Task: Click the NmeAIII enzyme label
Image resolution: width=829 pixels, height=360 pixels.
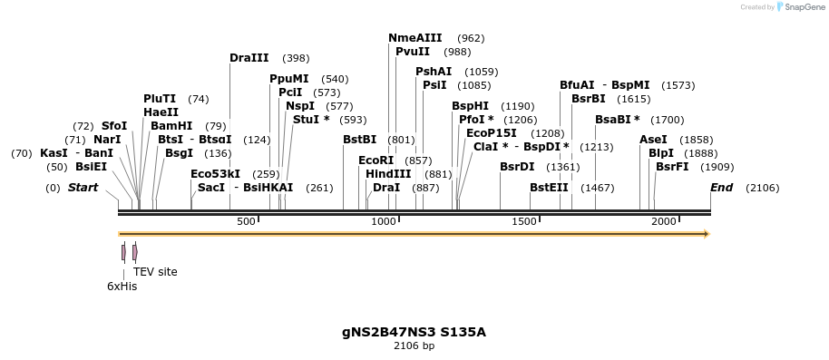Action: click(x=414, y=38)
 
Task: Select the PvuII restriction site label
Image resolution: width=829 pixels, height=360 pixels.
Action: click(x=413, y=52)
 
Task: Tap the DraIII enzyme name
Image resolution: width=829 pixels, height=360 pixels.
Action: click(x=249, y=58)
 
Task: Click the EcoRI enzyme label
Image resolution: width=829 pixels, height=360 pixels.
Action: click(x=375, y=161)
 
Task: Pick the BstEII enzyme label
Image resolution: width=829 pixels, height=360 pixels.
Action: click(x=549, y=188)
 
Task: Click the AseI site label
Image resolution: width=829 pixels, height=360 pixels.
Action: click(x=653, y=140)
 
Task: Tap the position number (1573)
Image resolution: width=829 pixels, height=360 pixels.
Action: click(x=678, y=85)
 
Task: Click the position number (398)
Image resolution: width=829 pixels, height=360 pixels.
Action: click(x=296, y=58)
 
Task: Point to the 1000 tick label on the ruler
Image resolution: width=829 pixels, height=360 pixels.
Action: click(x=385, y=222)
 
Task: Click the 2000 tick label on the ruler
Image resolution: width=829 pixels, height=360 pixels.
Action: click(x=664, y=222)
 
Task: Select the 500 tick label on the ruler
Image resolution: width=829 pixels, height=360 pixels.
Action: click(x=246, y=222)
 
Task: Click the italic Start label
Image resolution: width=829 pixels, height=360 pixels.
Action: click(x=83, y=188)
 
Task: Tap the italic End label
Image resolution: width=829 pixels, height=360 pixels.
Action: click(x=721, y=188)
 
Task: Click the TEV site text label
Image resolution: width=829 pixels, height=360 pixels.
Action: click(x=155, y=271)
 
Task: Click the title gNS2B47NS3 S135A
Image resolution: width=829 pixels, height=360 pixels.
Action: click(x=414, y=332)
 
